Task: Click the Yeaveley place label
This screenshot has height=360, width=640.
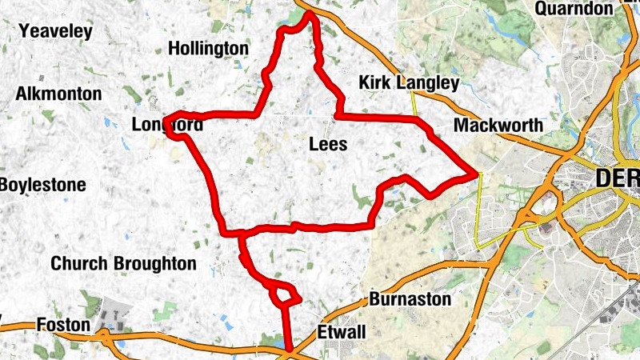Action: click(56, 32)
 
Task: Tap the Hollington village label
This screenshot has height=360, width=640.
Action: click(209, 49)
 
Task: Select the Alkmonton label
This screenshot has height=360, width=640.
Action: click(58, 94)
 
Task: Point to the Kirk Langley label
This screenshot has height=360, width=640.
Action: click(409, 83)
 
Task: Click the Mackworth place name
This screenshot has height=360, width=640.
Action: click(498, 126)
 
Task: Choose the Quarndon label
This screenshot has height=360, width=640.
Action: click(573, 9)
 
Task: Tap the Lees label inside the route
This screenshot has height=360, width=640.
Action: click(327, 145)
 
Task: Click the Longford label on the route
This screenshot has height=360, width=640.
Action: click(168, 125)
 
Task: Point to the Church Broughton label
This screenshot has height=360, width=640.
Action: click(123, 263)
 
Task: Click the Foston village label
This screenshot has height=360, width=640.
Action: click(62, 325)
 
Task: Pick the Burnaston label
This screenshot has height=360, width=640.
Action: click(410, 300)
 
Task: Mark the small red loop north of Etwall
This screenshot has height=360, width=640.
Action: click(283, 294)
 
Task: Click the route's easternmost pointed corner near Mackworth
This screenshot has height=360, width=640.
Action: click(476, 172)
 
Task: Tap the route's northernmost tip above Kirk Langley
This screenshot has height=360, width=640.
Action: click(309, 14)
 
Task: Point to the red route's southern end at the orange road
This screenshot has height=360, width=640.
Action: click(288, 350)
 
